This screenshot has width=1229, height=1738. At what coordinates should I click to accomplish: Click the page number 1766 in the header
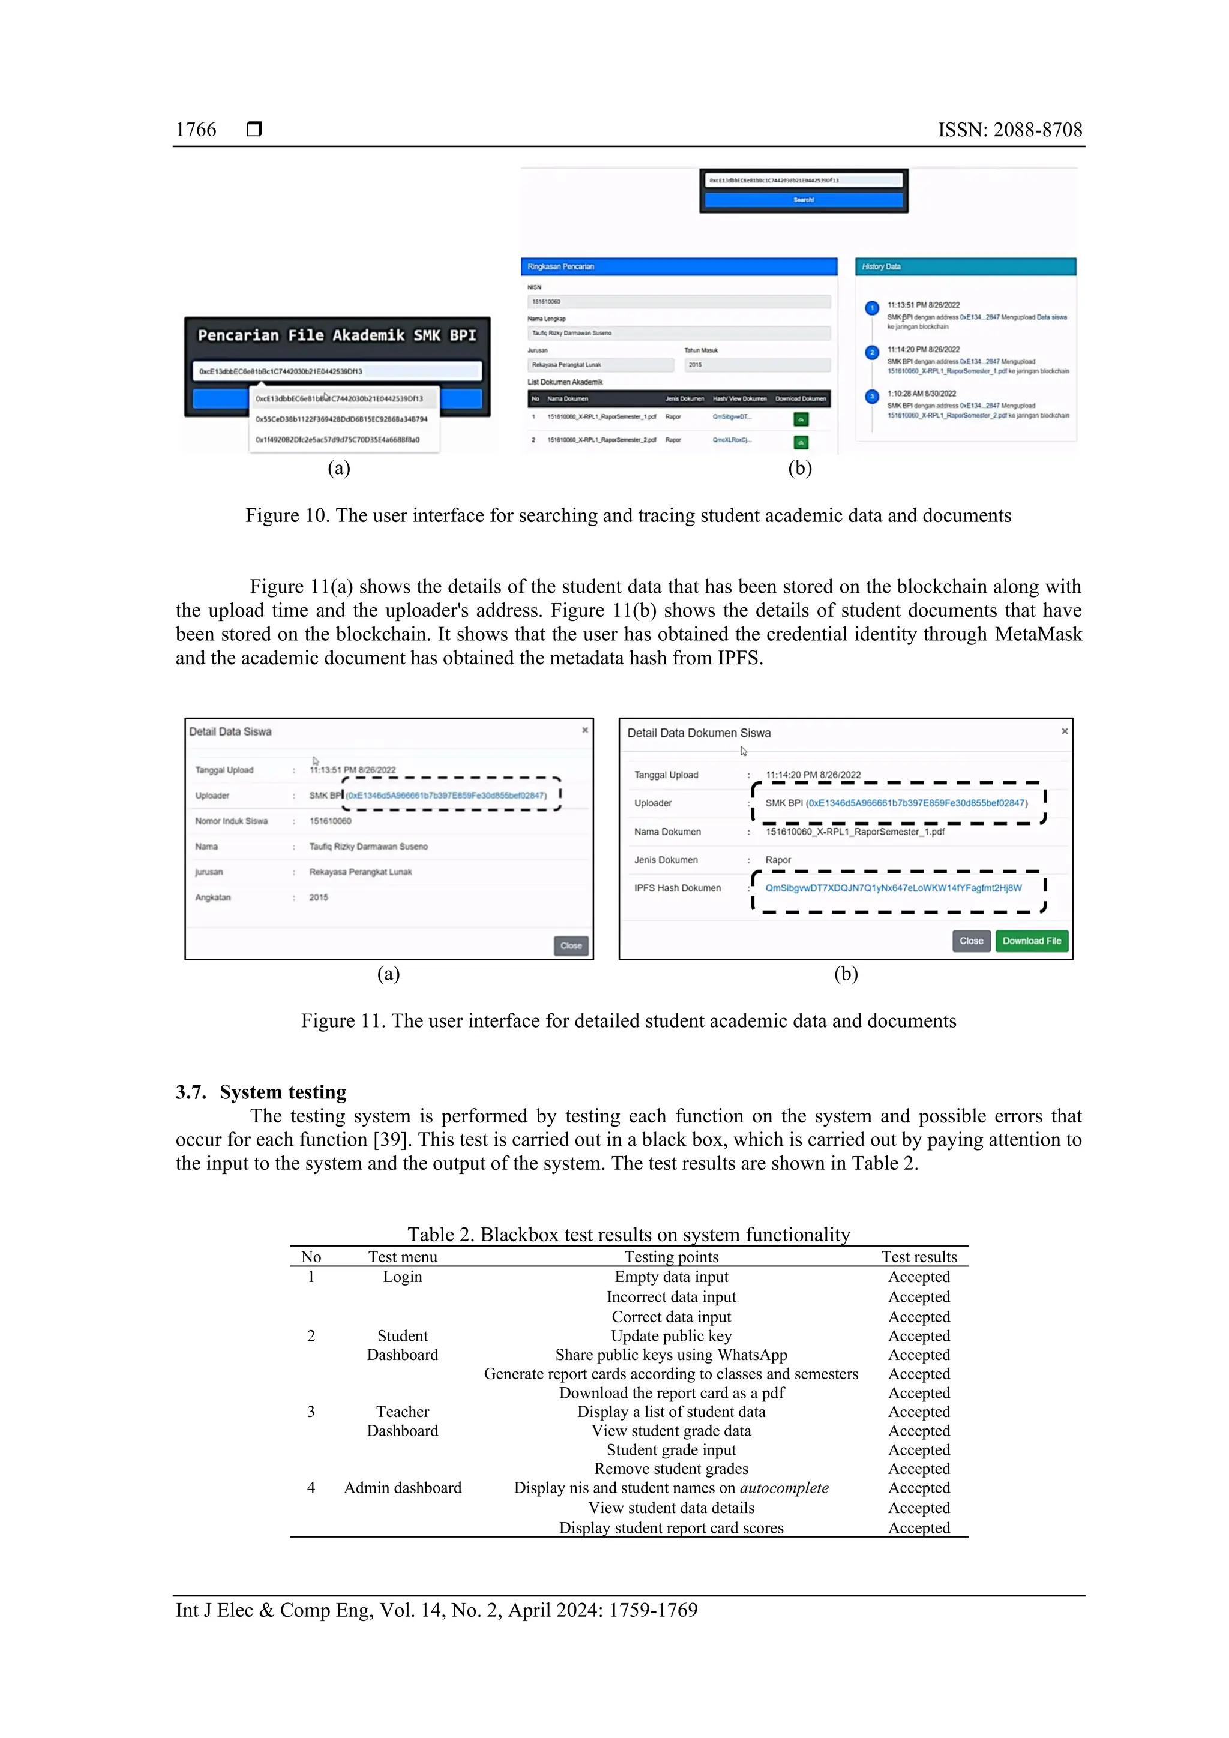(x=196, y=130)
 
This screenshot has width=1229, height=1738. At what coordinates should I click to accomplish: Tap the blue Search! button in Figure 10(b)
(x=803, y=200)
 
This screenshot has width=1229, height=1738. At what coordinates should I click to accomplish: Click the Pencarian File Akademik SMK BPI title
(x=337, y=335)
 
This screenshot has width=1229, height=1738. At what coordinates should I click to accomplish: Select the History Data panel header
(x=965, y=266)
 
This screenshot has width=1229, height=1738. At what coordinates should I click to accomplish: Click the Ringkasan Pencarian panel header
(x=679, y=266)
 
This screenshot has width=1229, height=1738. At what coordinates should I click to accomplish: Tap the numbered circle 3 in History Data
(x=871, y=396)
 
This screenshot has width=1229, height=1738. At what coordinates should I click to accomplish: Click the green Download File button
(x=1032, y=941)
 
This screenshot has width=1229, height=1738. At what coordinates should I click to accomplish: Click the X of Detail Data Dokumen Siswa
(x=1064, y=731)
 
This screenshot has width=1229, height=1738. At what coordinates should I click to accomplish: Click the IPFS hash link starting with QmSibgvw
(x=893, y=888)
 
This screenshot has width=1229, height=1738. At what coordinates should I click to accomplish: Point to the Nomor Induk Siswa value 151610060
(x=330, y=821)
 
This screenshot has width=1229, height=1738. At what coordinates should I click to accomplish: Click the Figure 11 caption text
(x=628, y=1021)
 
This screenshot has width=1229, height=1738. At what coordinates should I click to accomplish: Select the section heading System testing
(x=283, y=1092)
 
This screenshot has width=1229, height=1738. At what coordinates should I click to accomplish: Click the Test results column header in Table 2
(x=919, y=1257)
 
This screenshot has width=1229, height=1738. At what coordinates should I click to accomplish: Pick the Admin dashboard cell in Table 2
(x=402, y=1488)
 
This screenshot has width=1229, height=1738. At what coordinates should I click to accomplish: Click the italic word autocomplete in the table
(x=784, y=1488)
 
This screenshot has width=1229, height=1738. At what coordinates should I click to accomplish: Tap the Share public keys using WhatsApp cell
(x=671, y=1355)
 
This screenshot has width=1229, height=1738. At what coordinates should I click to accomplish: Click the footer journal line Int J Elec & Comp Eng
(x=436, y=1610)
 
